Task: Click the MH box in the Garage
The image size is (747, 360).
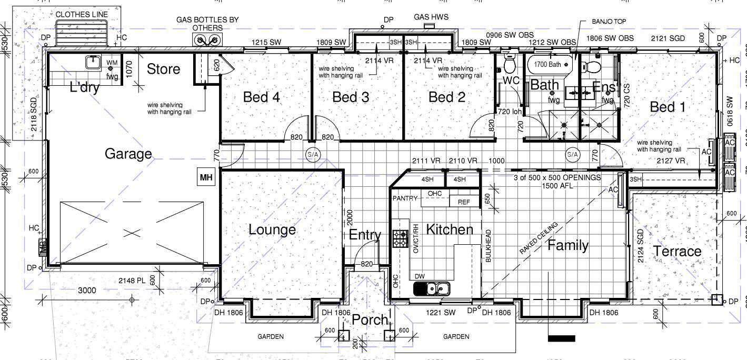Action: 206,178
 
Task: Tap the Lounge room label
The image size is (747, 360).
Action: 272,230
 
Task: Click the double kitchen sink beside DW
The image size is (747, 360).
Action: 431,288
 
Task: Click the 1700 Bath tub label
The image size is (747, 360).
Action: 547,64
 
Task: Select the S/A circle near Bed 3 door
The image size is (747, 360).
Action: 312,154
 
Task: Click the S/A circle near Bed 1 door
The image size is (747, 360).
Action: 572,154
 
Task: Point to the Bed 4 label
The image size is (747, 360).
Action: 261,97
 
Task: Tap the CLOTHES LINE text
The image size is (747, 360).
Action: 82,14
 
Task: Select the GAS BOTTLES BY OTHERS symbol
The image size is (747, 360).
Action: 207,40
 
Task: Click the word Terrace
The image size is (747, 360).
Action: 677,251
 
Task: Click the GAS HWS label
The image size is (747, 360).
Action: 431,17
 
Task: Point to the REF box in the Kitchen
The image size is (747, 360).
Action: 464,202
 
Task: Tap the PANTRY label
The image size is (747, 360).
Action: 405,198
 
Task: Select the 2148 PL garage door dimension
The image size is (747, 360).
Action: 132,281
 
